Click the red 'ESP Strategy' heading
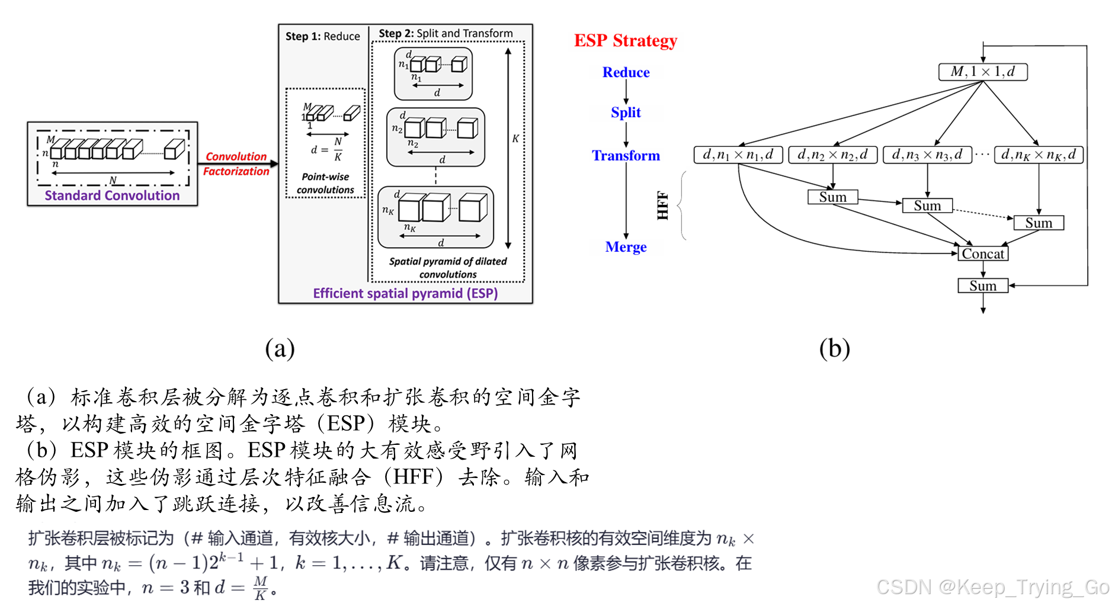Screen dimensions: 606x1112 click(x=625, y=40)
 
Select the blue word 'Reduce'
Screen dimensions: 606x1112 click(x=626, y=72)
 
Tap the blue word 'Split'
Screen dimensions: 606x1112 click(x=626, y=112)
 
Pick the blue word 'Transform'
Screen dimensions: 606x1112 click(x=626, y=155)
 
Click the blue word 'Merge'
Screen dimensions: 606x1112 click(x=626, y=246)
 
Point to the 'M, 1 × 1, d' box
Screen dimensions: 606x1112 click(x=982, y=72)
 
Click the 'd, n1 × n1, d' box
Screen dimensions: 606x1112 click(x=738, y=155)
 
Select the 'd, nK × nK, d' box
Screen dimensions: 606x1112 click(x=1038, y=155)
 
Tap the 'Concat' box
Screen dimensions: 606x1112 click(x=983, y=254)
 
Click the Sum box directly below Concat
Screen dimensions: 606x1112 click(x=983, y=286)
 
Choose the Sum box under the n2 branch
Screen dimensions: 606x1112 click(x=832, y=197)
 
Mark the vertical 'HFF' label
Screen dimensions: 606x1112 click(x=662, y=206)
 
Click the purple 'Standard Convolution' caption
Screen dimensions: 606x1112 click(x=112, y=195)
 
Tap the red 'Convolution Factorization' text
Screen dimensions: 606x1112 click(x=236, y=163)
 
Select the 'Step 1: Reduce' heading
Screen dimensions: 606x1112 click(x=322, y=36)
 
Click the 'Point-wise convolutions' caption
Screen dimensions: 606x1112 click(x=325, y=183)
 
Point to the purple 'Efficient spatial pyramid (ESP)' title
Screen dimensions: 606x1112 click(x=405, y=293)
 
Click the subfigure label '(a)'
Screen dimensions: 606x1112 click(x=280, y=348)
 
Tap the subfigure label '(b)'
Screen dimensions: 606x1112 click(x=834, y=348)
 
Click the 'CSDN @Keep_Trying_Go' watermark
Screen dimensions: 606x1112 click(x=992, y=586)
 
